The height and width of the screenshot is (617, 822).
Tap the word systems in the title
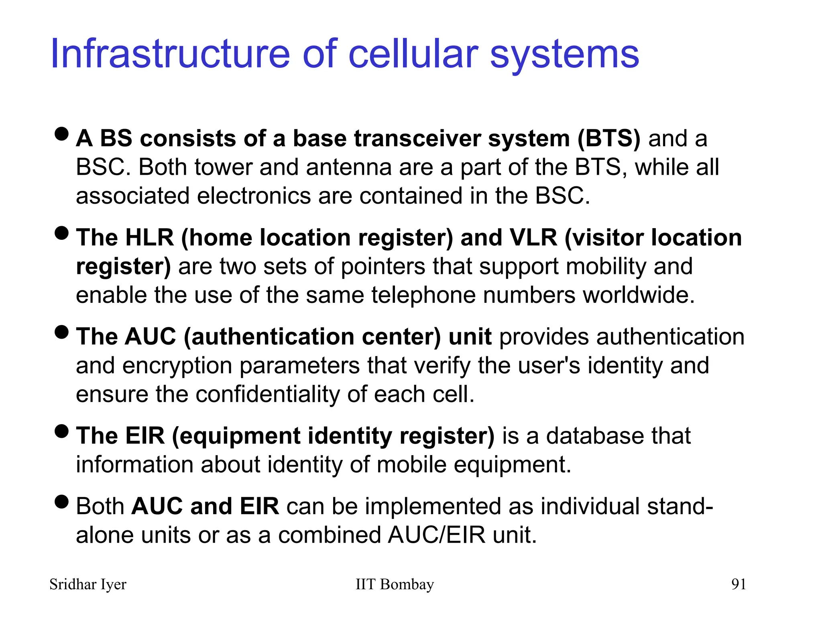[564, 54]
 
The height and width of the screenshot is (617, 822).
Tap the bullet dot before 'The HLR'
[61, 233]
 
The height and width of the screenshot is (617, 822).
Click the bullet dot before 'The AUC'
[61, 332]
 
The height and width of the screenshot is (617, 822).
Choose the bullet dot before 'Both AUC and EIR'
[61, 502]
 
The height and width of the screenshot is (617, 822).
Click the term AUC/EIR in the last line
[436, 535]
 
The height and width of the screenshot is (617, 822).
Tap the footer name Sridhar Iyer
[87, 584]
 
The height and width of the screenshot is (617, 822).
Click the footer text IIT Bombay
[395, 584]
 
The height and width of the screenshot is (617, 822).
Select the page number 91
[739, 584]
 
